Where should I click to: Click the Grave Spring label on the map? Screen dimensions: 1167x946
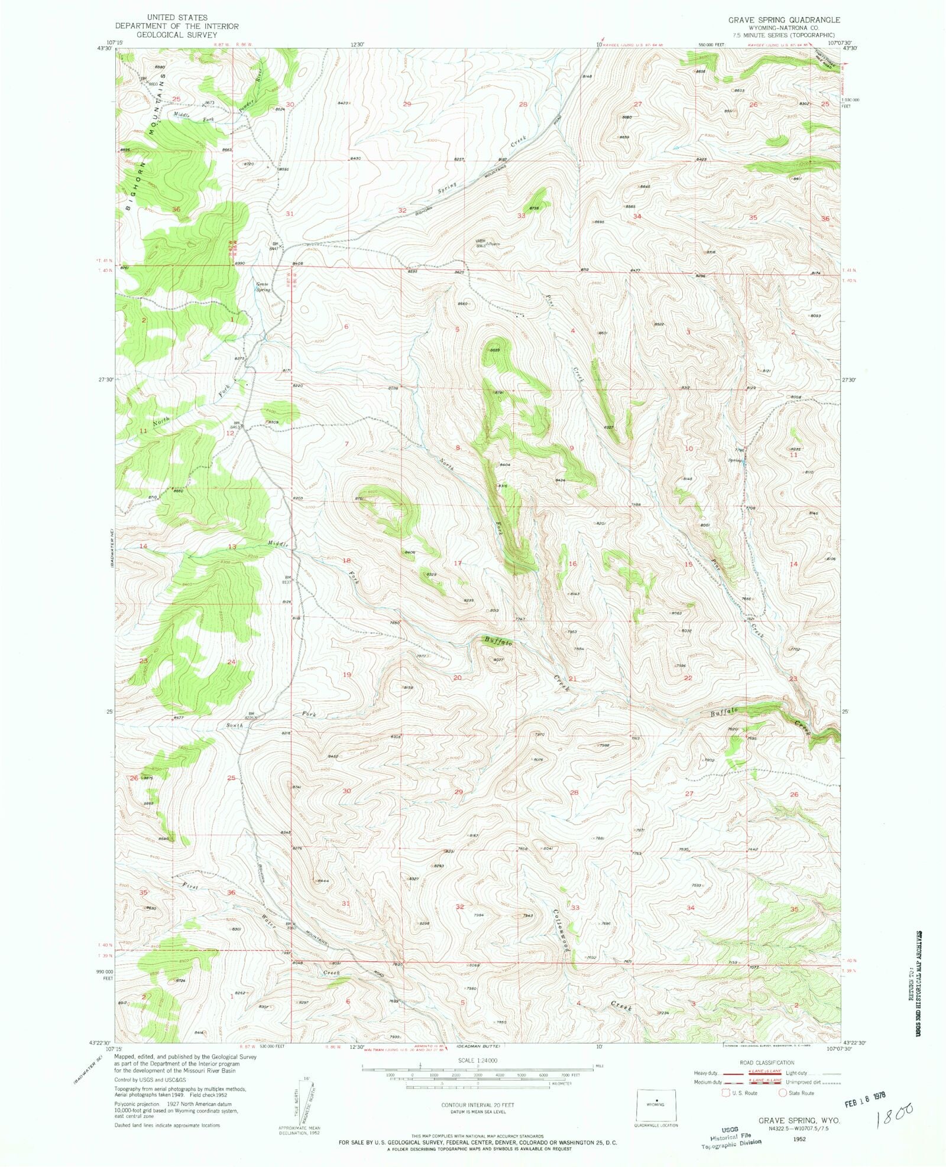click(x=263, y=287)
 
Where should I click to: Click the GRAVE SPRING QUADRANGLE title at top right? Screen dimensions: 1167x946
click(x=783, y=19)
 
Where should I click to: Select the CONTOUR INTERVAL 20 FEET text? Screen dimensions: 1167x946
click(x=477, y=1104)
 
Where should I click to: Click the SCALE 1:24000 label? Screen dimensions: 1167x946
click(x=478, y=1060)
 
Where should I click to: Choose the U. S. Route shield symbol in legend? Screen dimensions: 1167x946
click(x=726, y=1093)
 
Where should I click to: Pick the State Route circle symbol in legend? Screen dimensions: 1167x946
click(x=783, y=1093)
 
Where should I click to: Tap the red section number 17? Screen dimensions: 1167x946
click(x=457, y=563)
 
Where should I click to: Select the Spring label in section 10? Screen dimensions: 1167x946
click(x=734, y=460)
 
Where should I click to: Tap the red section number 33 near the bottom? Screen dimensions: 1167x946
click(x=575, y=907)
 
